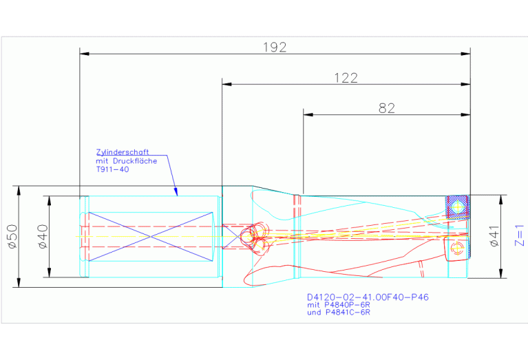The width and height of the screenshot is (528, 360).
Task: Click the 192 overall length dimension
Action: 275,47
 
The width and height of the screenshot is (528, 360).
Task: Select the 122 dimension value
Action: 346,78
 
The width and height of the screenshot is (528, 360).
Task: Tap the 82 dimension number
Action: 387,108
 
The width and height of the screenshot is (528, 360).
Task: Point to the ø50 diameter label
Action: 12,236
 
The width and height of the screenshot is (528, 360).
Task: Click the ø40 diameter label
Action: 43,236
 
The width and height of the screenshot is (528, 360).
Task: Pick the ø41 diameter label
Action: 494,236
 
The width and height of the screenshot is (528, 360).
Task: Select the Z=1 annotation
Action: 520,235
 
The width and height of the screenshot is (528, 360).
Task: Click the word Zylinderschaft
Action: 123,152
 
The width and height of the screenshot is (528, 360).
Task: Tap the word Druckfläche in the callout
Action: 135,161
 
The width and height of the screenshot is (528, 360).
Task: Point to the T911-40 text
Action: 112,169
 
